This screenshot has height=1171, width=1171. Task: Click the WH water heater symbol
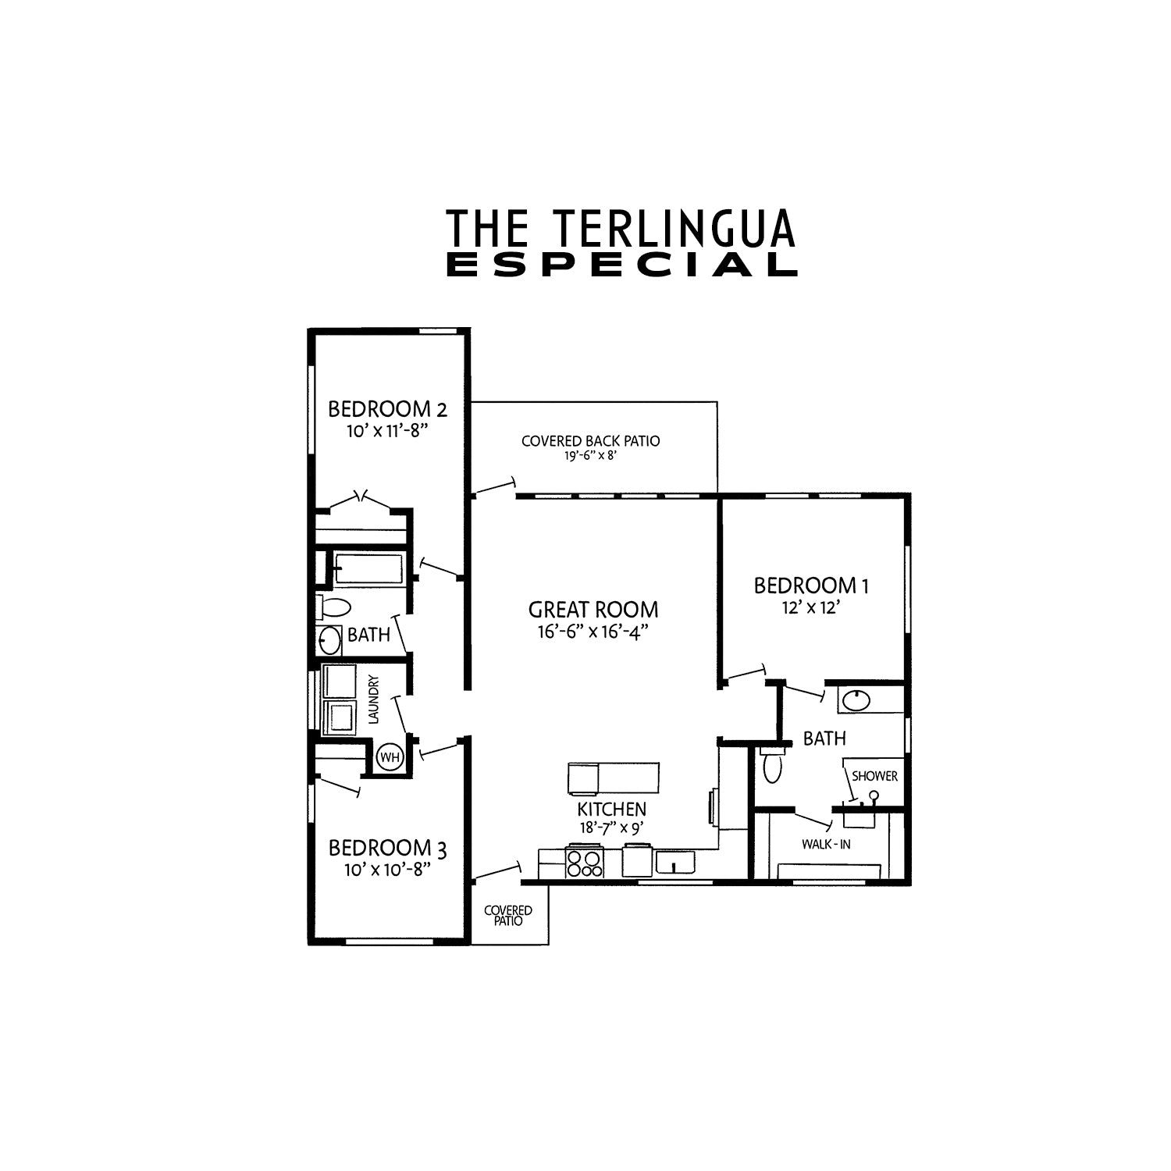pos(389,756)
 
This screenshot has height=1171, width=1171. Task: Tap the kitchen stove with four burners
pos(585,863)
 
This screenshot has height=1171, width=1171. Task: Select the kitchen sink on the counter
pos(675,862)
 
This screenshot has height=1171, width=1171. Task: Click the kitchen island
pos(613,778)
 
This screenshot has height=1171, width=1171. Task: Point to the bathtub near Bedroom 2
pos(368,568)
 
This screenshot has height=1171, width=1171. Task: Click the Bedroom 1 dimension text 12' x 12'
pos(810,607)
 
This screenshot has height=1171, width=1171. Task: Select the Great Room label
pos(593,609)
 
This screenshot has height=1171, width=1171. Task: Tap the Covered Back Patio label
pos(590,441)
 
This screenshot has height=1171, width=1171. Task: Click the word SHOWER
pos(874,776)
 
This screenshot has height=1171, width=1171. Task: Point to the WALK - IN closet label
pos(826,844)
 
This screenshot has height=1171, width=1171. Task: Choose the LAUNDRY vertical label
pos(373,699)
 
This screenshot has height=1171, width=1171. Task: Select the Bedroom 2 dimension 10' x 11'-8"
pos(388,430)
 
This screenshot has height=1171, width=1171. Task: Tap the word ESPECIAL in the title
pos(621,265)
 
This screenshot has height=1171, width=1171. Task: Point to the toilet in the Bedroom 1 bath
pos(772,766)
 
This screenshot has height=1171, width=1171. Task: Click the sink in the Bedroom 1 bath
pos(856,700)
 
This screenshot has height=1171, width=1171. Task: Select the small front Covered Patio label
pos(508,916)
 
